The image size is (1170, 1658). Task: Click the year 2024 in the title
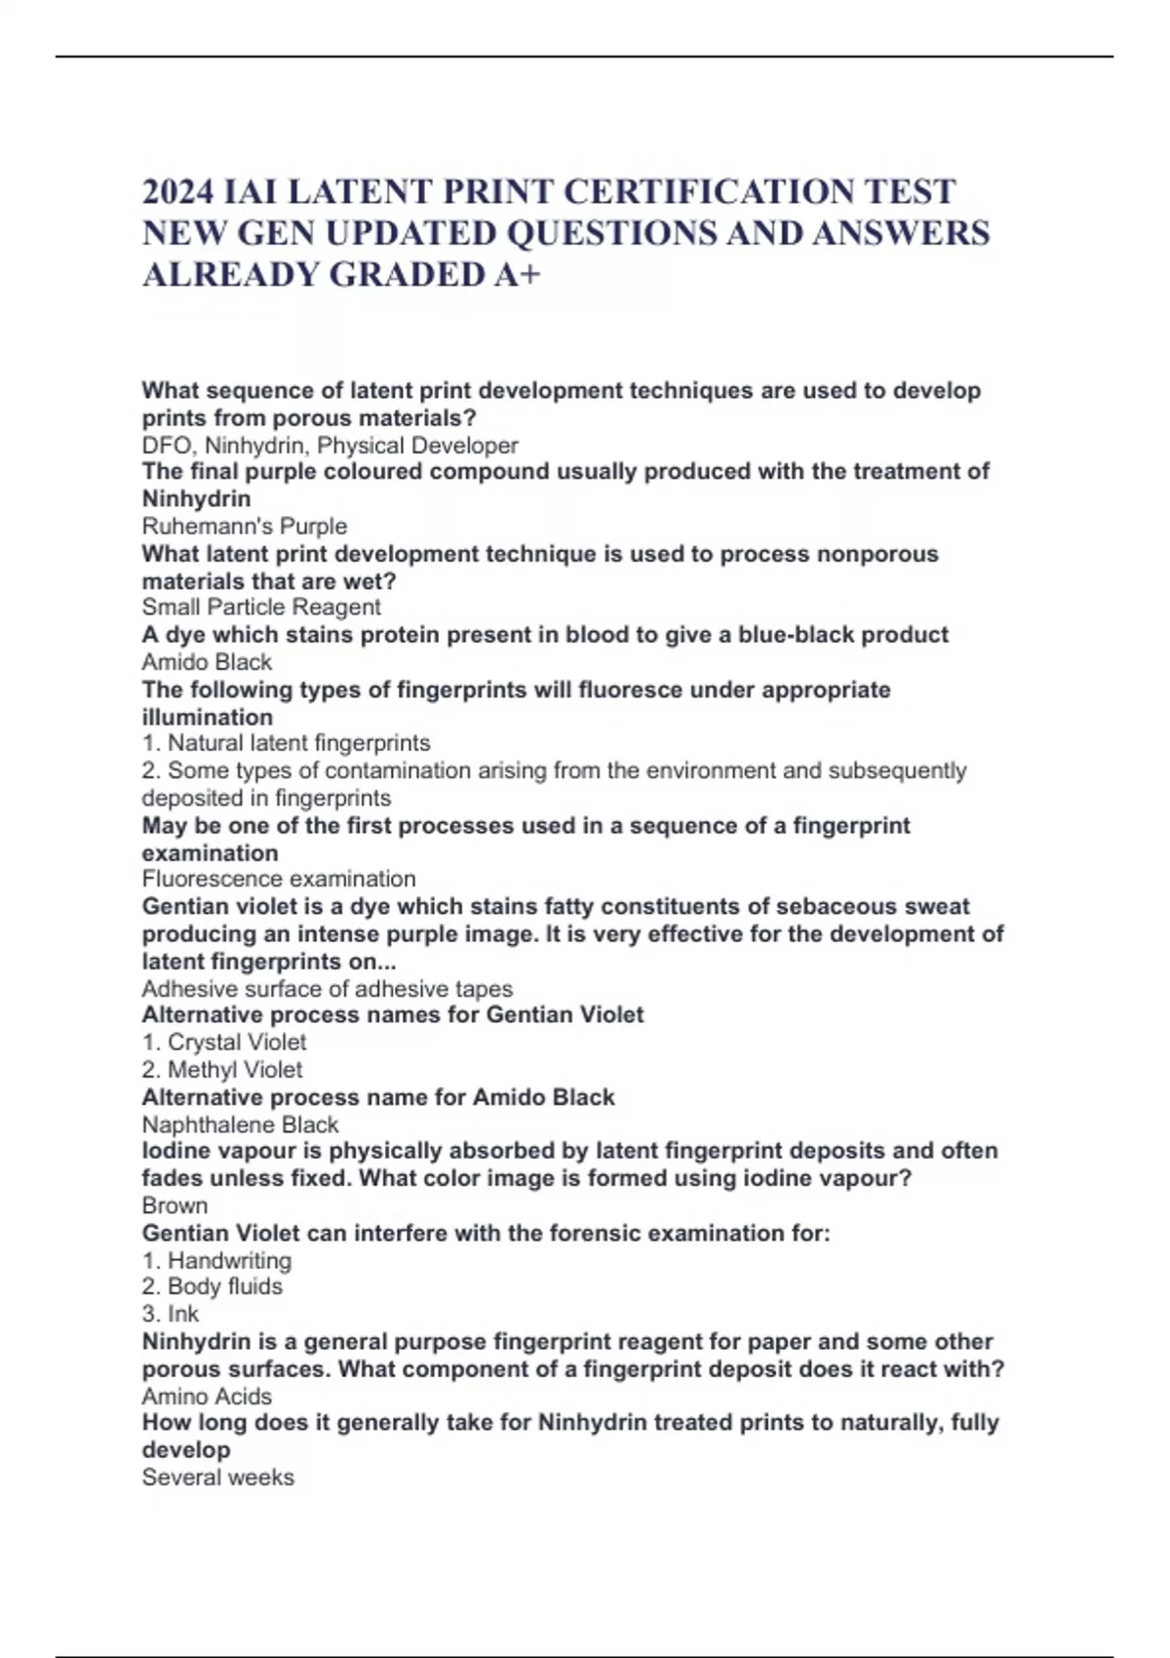click(x=178, y=192)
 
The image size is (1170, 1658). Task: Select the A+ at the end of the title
click(x=517, y=275)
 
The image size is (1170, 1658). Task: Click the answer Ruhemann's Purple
click(x=245, y=527)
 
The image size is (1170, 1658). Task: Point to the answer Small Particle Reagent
click(x=261, y=608)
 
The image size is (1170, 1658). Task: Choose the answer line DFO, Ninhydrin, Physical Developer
click(x=330, y=446)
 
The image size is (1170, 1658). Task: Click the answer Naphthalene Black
click(x=240, y=1125)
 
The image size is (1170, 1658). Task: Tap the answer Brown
click(x=175, y=1205)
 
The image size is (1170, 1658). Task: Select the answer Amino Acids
click(x=207, y=1396)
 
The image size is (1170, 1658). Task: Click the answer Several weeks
click(x=217, y=1478)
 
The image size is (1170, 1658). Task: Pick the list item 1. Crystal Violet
click(x=224, y=1043)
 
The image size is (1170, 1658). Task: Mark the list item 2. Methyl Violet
click(x=222, y=1070)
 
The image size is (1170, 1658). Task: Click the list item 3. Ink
click(x=171, y=1314)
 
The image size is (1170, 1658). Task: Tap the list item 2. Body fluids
click(x=213, y=1286)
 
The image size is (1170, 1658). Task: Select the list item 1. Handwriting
click(x=216, y=1260)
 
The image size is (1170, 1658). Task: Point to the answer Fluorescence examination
click(x=279, y=879)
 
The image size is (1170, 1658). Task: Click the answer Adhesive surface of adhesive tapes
click(x=328, y=989)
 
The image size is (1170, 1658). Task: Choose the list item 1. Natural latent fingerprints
click(x=286, y=743)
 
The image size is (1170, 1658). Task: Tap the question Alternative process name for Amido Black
click(x=378, y=1097)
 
